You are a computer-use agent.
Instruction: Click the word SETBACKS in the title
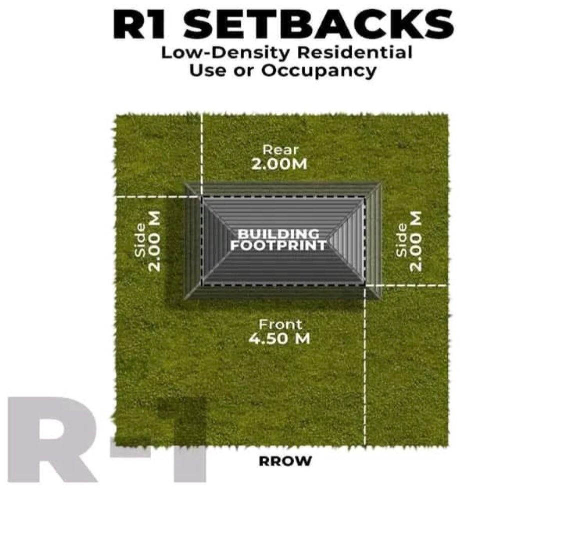pos(319,24)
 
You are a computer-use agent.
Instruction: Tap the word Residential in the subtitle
pos(355,52)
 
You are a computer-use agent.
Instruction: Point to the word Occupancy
pos(319,70)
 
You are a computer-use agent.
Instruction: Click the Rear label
pos(280,149)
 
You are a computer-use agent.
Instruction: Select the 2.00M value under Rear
pos(279,164)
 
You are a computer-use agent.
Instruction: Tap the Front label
pos(280,324)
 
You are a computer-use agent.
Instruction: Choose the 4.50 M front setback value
pos(279,338)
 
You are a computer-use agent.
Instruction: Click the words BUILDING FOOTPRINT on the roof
pos(279,239)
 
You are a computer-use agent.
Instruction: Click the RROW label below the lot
pos(285,461)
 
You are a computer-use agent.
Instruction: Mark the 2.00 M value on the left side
pos(155,241)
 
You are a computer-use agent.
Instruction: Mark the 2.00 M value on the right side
pos(416,241)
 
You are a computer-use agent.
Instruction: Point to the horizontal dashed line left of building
pos(158,196)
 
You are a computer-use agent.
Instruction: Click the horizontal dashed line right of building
pos(407,285)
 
